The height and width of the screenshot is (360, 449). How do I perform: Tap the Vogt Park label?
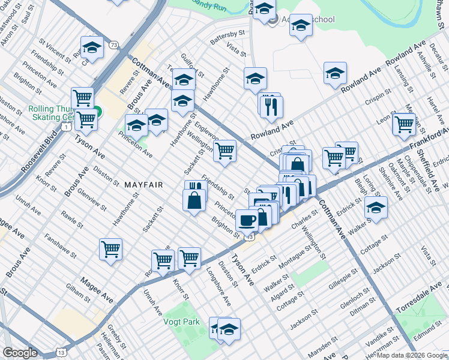(x=181, y=322)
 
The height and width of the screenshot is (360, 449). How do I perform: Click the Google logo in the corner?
(x=20, y=353)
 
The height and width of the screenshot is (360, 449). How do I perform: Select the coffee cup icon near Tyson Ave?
(x=247, y=220)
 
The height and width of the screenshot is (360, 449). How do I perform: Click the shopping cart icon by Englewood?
(x=224, y=151)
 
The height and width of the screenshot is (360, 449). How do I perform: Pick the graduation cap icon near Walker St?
(x=376, y=208)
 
